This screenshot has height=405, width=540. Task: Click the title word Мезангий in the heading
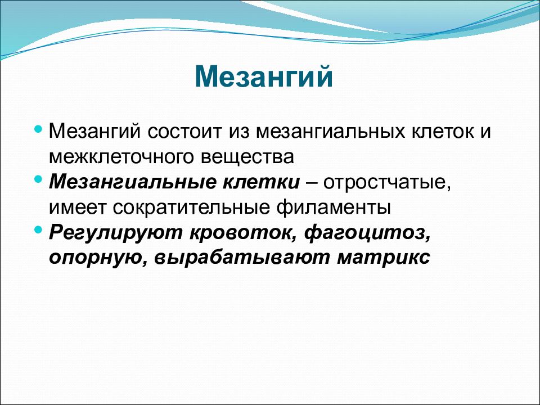(264, 76)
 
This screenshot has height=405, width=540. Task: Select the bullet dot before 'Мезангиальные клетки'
(39, 179)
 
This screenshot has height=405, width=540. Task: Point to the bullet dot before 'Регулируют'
(39, 229)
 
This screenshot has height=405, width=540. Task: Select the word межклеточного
(121, 157)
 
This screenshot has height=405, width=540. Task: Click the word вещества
(247, 157)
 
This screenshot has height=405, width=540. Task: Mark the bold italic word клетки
(261, 182)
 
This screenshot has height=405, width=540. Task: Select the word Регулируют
(115, 233)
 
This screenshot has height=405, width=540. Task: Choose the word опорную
(98, 258)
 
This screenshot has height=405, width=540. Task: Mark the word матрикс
(383, 258)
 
